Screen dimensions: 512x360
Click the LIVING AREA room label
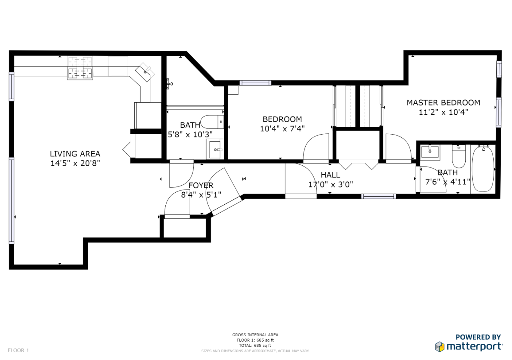coord(75,154)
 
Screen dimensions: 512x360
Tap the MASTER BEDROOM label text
coord(443,103)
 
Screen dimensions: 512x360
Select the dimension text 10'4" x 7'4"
coord(282,129)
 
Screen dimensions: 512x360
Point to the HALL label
coord(330,175)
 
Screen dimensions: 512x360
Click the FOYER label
coord(201,185)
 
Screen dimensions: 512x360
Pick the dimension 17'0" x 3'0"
coord(331,184)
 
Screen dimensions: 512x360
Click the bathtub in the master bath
coord(483,169)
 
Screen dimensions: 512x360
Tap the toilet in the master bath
coord(459,156)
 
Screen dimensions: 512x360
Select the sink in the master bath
coord(430,152)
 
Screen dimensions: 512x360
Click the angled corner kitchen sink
coord(145,72)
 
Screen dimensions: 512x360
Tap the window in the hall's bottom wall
coord(379,196)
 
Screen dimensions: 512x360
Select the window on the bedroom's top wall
coord(255,83)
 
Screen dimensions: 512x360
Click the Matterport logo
coord(469,346)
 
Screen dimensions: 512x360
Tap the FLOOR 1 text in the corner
coord(18,350)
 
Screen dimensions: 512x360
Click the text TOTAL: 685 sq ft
coord(255,346)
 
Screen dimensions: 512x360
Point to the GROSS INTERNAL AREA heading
coord(255,335)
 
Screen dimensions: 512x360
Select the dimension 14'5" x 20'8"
coord(75,163)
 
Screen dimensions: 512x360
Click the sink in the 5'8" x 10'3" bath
coord(215,149)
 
